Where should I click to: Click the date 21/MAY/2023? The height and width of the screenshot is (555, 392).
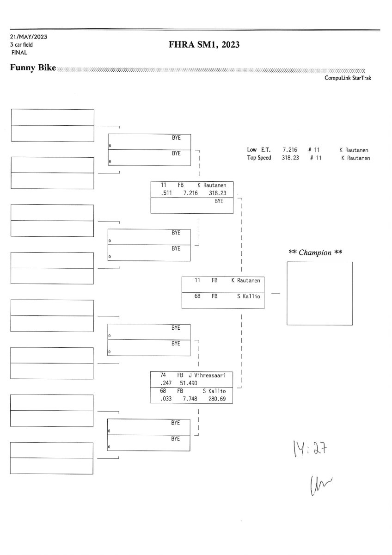(28, 37)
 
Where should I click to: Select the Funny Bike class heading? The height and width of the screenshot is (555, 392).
(33, 68)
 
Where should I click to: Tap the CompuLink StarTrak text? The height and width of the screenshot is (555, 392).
(348, 78)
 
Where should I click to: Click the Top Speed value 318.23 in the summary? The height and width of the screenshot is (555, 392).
(290, 158)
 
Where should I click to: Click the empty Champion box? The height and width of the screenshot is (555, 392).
(319, 293)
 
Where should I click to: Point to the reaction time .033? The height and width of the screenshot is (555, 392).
(166, 399)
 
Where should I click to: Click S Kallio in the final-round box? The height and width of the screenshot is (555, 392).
(249, 296)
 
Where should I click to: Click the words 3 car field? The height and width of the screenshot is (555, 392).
(21, 45)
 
